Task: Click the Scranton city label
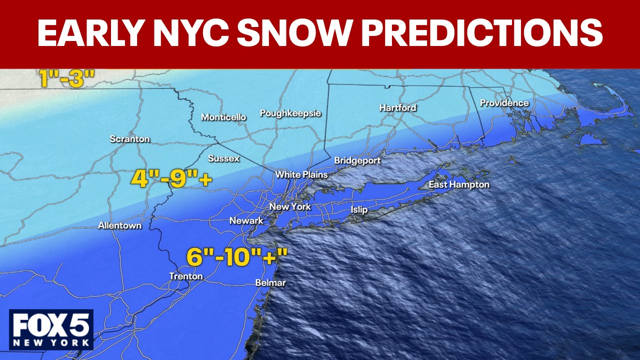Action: click(x=130, y=139)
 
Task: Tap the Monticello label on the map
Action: click(x=223, y=117)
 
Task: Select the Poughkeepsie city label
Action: click(x=290, y=113)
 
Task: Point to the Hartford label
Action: click(x=397, y=107)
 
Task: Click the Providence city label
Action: click(x=504, y=103)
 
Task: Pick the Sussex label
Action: click(x=224, y=158)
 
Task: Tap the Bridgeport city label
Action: click(x=357, y=160)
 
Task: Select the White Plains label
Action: click(x=301, y=174)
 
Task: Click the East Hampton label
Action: click(x=459, y=185)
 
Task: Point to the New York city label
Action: click(x=290, y=206)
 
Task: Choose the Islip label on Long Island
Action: click(x=359, y=209)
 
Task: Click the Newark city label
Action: click(x=246, y=220)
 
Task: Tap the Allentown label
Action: click(x=119, y=225)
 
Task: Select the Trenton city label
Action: click(x=186, y=276)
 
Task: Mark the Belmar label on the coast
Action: click(x=270, y=283)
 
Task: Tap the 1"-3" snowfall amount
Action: click(x=67, y=79)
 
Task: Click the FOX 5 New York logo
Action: click(x=51, y=329)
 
